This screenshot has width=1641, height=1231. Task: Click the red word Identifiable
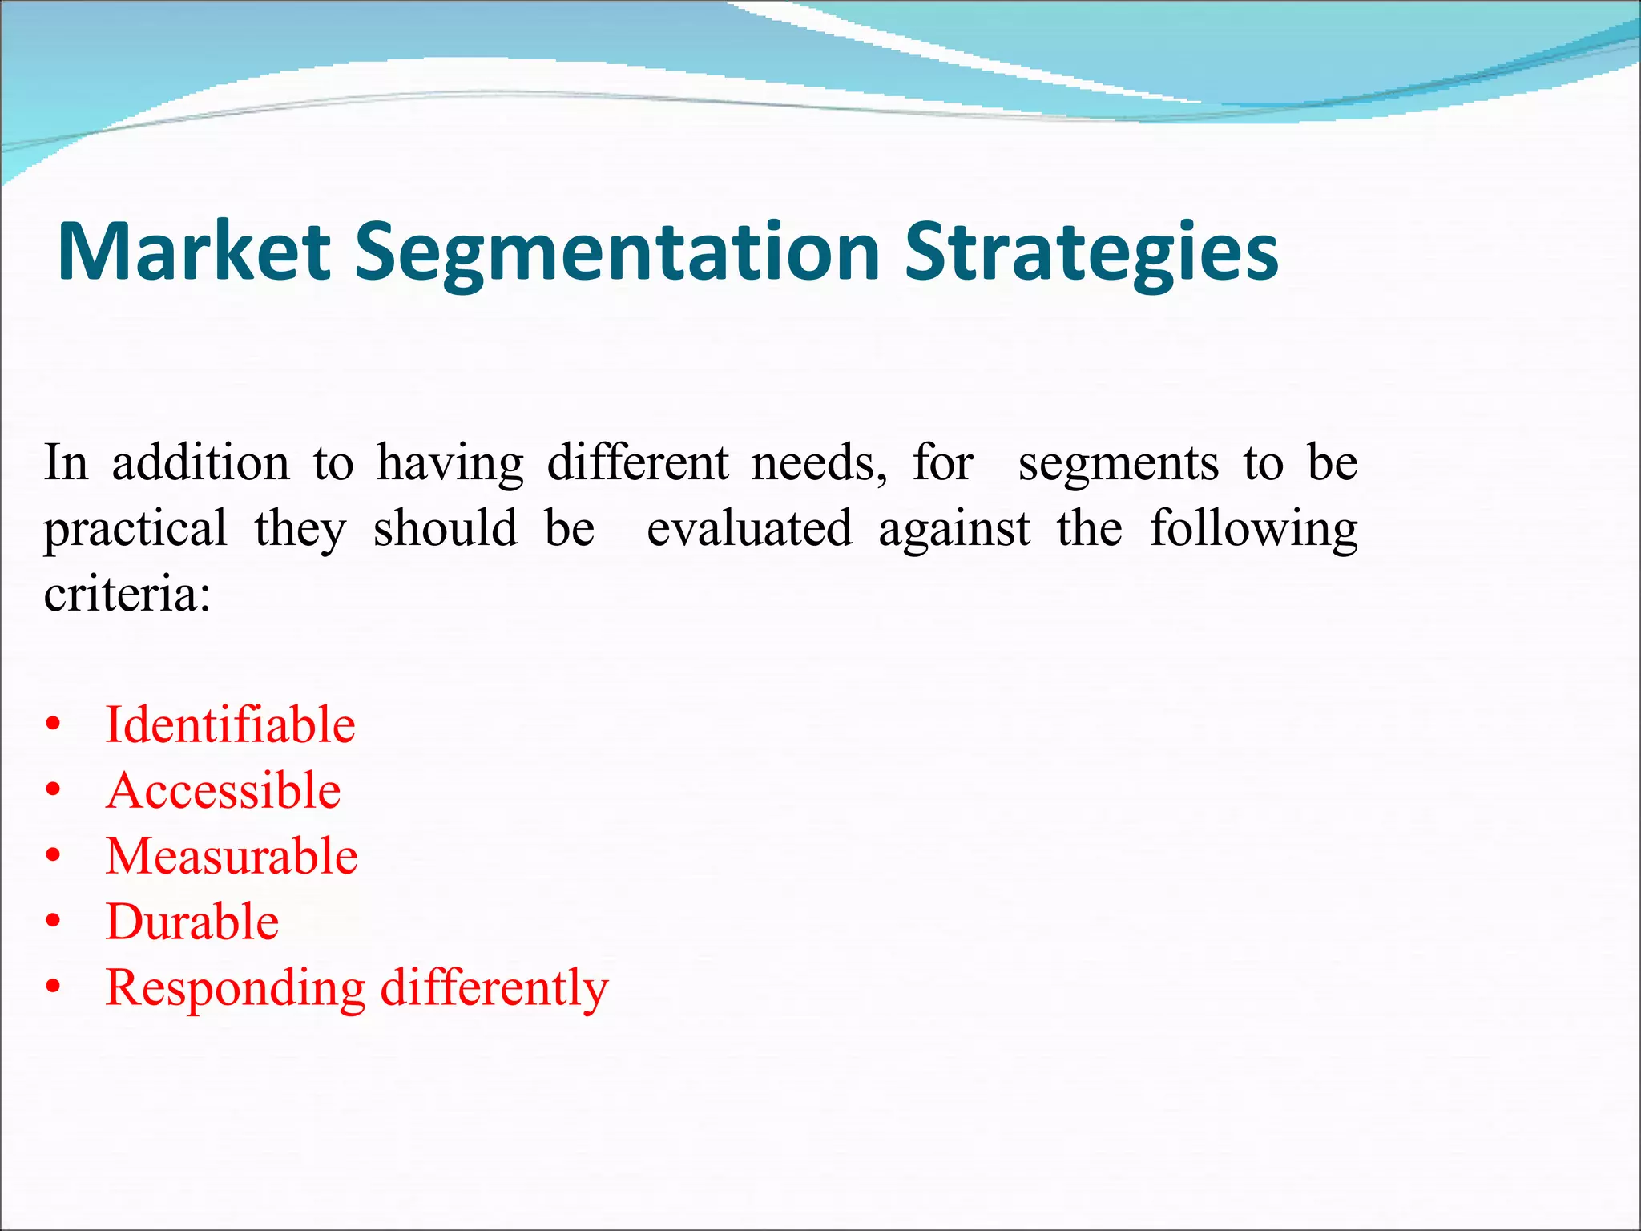230,724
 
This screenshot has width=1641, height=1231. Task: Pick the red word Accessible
224,790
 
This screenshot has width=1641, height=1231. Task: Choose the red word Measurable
232,856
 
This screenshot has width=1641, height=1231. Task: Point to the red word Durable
192,922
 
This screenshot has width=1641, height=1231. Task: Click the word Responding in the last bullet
236,989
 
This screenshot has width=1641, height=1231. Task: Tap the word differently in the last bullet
494,987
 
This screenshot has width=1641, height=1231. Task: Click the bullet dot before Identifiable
54,725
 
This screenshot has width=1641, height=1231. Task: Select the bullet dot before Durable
54,922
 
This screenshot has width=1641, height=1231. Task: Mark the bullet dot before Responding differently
54,988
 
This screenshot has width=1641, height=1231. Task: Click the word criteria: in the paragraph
127,595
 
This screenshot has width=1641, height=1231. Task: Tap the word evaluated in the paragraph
749,529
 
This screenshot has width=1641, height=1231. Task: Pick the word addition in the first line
200,463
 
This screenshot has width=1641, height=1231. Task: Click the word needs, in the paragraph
819,463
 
